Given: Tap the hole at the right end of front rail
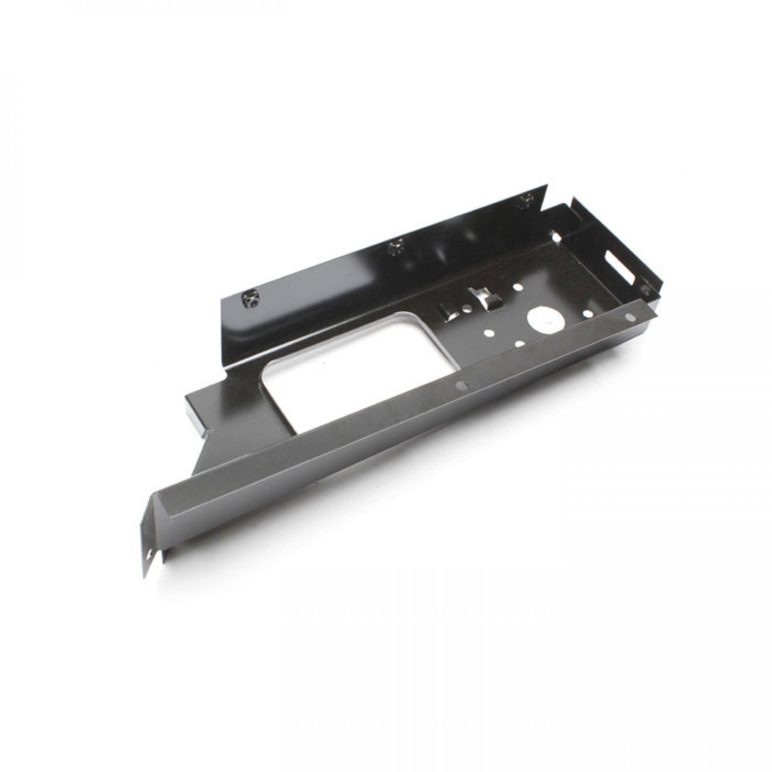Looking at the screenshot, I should point(630,317).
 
